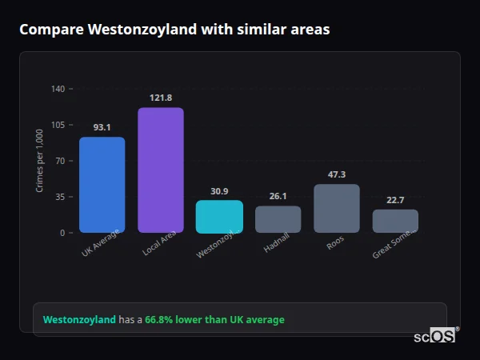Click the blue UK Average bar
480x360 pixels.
102,185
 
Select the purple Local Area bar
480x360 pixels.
161,170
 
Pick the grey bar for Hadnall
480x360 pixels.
278,219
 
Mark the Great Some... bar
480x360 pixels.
395,221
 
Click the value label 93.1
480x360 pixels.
102,127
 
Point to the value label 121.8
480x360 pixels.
161,98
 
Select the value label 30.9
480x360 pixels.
219,191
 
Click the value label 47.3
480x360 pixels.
337,174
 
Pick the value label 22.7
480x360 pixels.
395,200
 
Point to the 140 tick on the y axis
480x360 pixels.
58,89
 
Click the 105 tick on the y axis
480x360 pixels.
58,125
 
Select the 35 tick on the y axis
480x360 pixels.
59,197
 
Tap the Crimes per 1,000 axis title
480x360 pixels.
39,161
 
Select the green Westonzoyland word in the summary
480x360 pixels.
79,320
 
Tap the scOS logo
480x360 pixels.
434,337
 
